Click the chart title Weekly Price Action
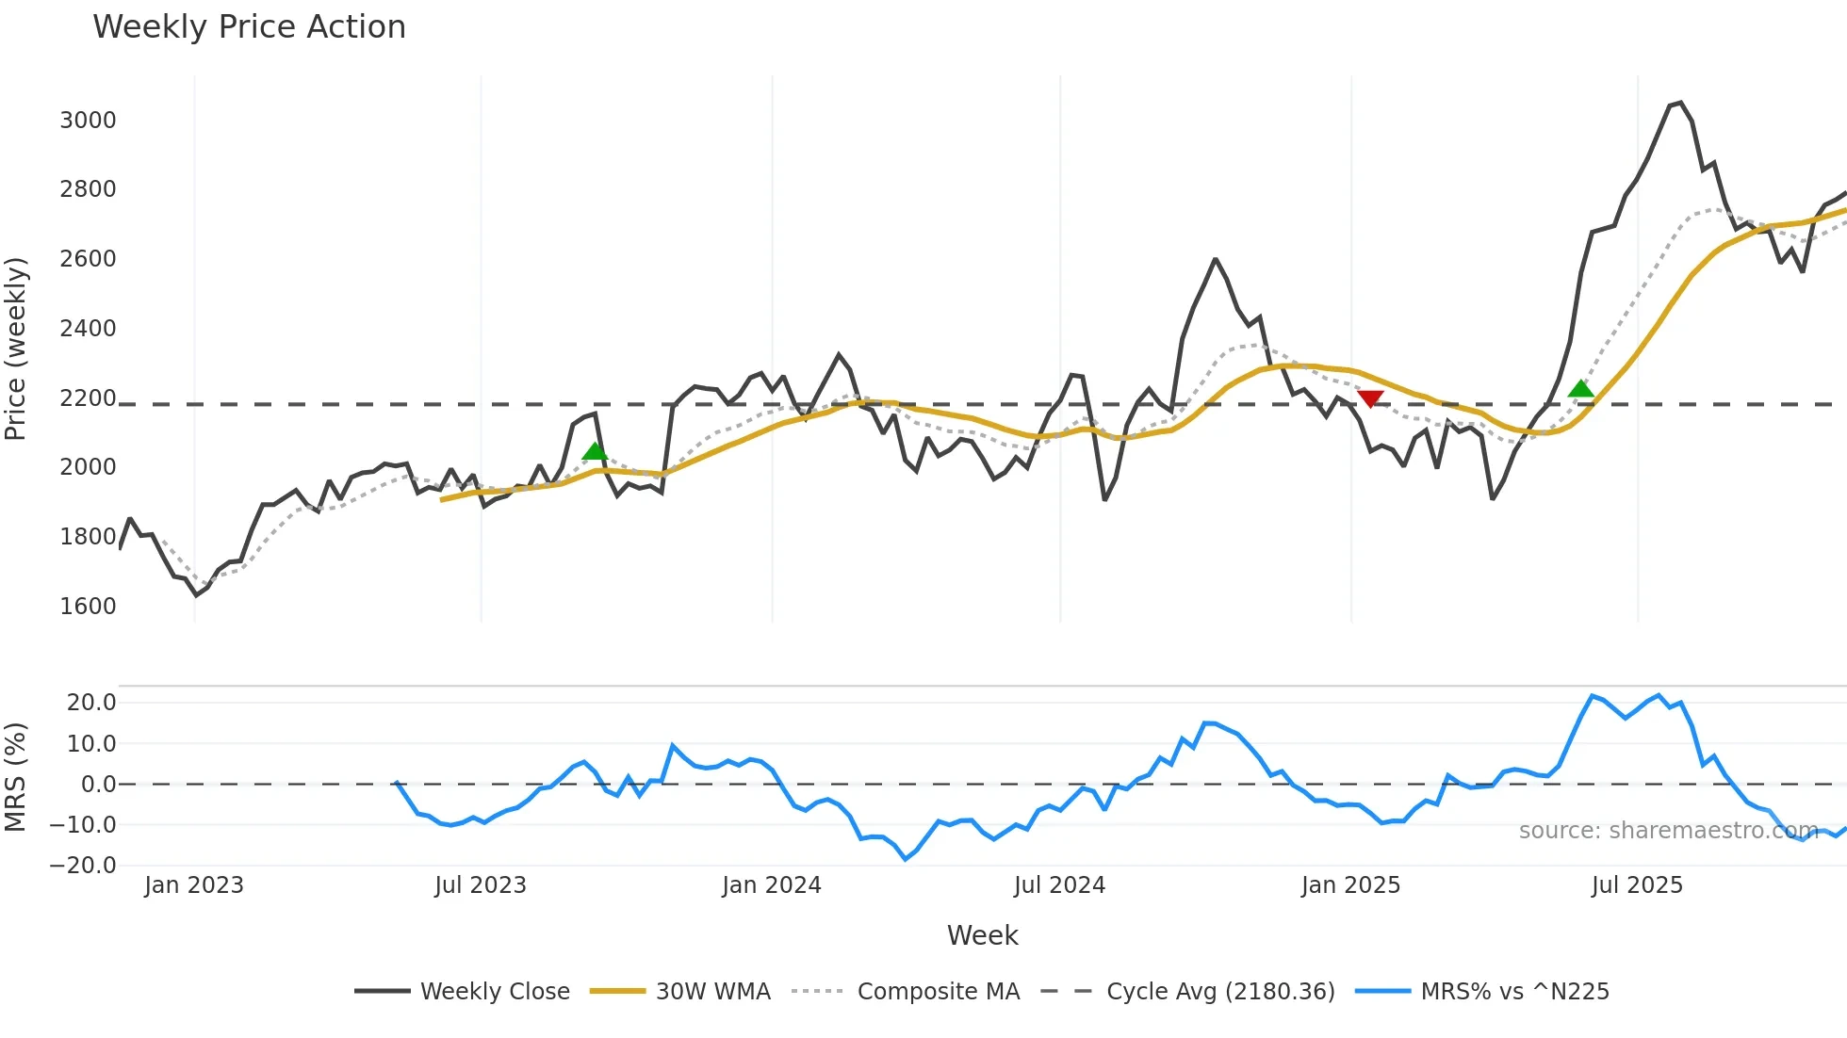(x=249, y=27)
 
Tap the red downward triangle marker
(x=1370, y=399)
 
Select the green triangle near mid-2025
(x=1580, y=388)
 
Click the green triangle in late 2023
(x=595, y=451)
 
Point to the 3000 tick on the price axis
(x=88, y=121)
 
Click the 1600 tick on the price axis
(x=88, y=607)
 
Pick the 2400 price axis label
(x=88, y=329)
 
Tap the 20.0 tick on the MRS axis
(x=91, y=703)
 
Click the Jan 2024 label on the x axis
(x=771, y=885)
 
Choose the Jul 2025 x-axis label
(x=1636, y=885)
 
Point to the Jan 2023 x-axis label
(x=194, y=885)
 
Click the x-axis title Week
(x=982, y=935)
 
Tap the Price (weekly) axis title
(x=16, y=349)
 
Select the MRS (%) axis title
(x=16, y=777)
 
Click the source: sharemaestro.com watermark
(x=1668, y=831)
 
